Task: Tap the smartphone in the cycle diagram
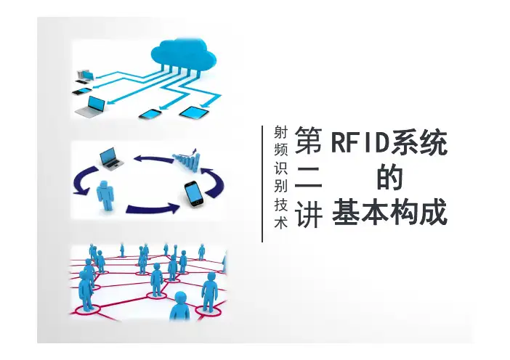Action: click(194, 194)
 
